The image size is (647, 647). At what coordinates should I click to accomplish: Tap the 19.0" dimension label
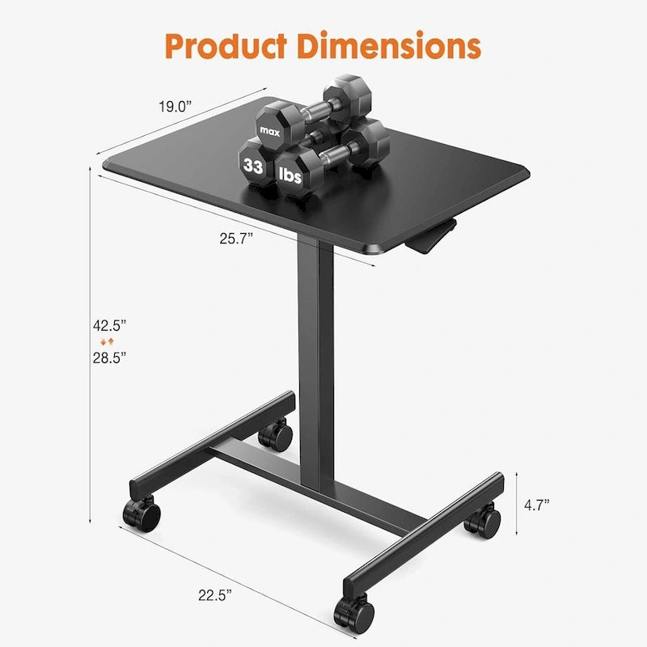tap(176, 105)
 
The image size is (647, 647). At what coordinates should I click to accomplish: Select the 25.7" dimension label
tap(236, 237)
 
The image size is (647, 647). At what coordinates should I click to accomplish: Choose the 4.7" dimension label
tap(536, 504)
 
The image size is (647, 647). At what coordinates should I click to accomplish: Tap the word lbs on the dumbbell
tap(292, 172)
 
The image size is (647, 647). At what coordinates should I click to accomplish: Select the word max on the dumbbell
tap(268, 129)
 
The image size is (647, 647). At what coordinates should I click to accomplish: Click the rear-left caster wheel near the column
tap(277, 437)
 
